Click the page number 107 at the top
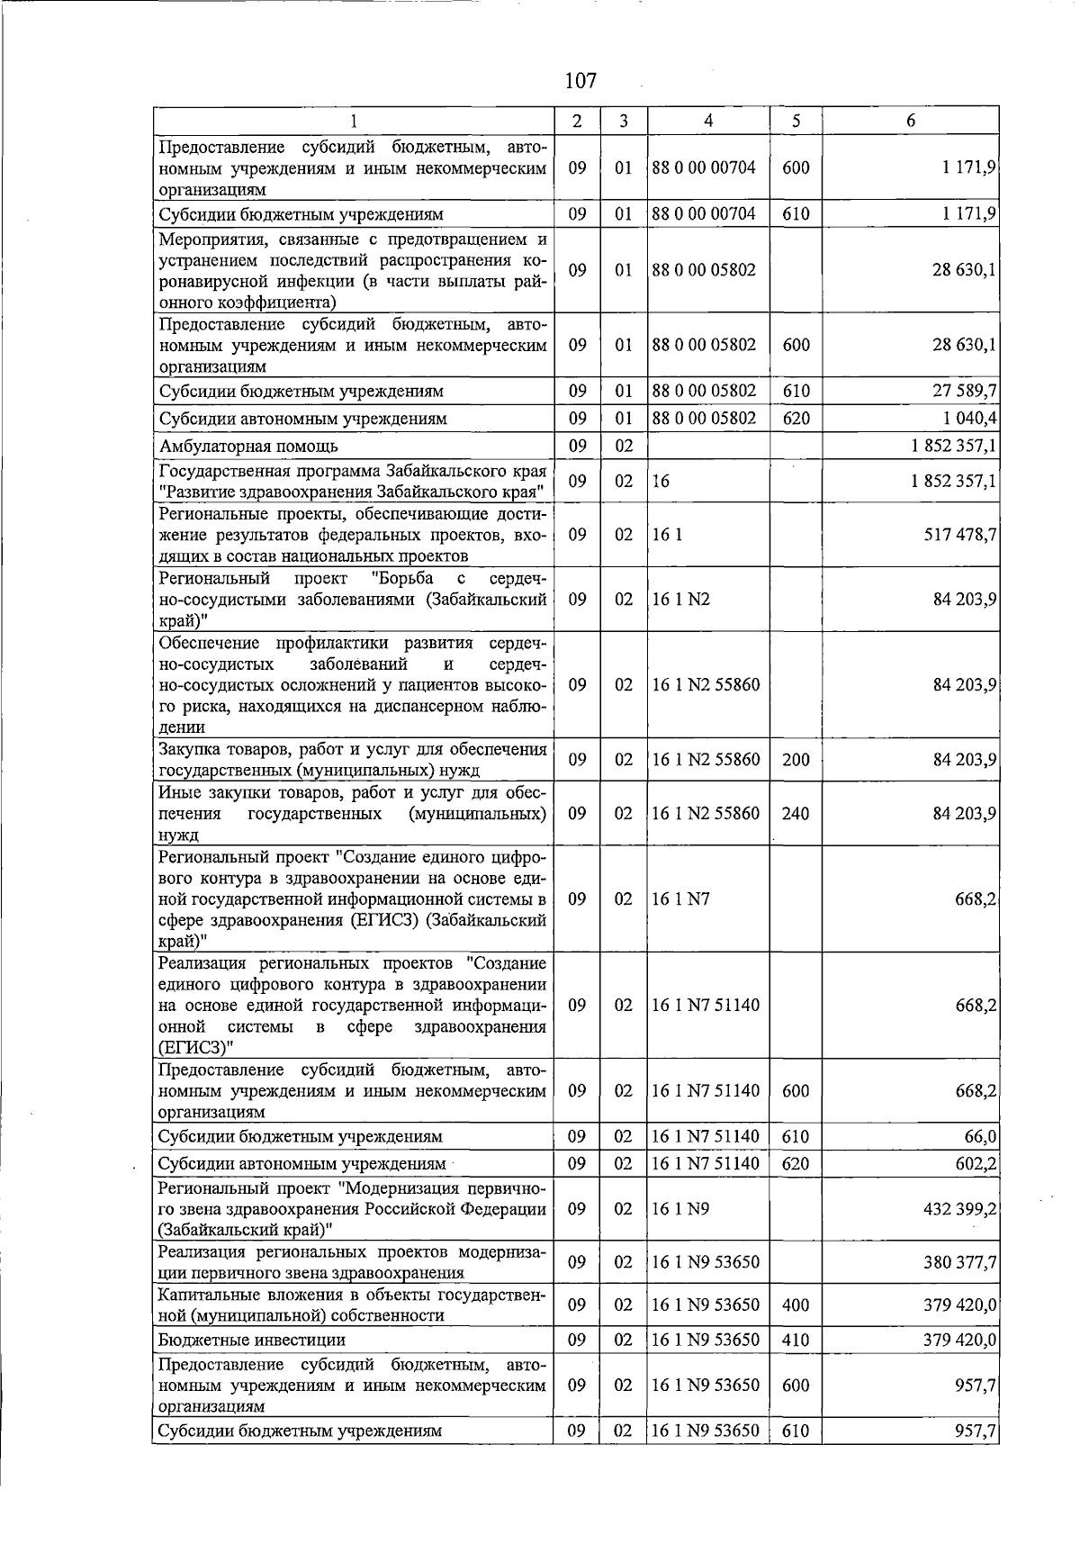[580, 81]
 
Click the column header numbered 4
[708, 121]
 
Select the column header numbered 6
[911, 121]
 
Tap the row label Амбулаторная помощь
[248, 446]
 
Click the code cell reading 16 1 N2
[681, 599]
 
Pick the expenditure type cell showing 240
[796, 813]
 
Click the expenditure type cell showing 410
[796, 1340]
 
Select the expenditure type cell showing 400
[796, 1305]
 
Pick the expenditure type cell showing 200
[796, 760]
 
